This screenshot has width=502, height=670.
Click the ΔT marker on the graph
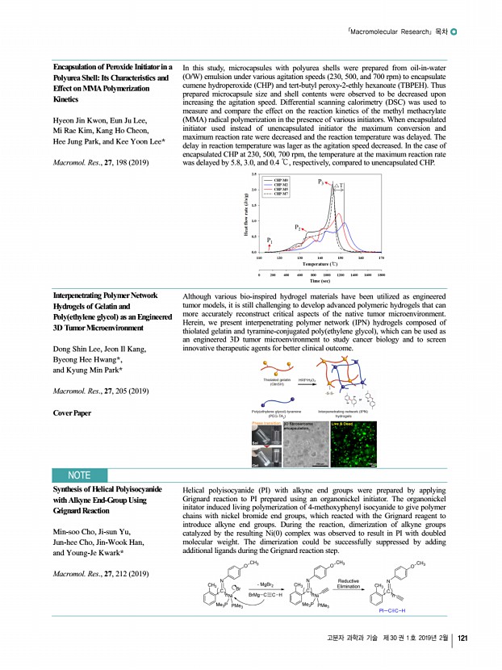(341, 186)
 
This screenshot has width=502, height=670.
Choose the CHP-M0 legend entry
(282, 178)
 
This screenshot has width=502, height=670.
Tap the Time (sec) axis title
(321, 281)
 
